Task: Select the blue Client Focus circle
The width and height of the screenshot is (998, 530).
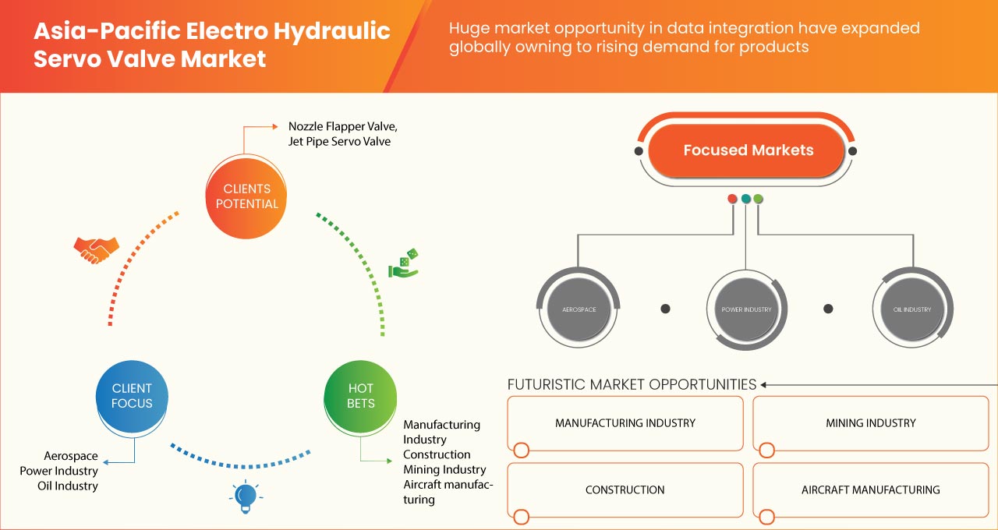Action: tap(132, 396)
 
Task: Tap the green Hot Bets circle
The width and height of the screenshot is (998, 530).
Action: tap(360, 396)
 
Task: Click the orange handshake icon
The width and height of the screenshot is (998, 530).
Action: tap(96, 249)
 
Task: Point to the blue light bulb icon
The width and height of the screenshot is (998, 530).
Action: tap(246, 496)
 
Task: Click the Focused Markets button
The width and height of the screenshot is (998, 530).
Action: tap(748, 150)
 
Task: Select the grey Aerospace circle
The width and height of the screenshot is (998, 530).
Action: tap(579, 309)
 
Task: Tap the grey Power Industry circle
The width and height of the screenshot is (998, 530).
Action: tap(746, 309)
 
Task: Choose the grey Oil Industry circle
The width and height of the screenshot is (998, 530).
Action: tap(912, 309)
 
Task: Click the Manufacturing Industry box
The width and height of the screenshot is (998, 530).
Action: tap(625, 423)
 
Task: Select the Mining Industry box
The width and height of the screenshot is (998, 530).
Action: tap(870, 423)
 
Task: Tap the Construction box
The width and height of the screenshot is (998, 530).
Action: tap(625, 490)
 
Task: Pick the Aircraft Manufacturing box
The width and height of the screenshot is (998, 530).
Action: tap(870, 490)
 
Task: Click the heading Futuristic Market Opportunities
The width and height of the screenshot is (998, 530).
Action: tap(632, 384)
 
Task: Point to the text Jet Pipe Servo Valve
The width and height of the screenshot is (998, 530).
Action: tap(339, 142)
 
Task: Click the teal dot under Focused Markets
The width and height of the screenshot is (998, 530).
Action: tap(746, 199)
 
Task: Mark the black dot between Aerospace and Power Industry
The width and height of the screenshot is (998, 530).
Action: tap(665, 309)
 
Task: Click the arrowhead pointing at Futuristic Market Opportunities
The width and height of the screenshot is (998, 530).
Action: tap(765, 384)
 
